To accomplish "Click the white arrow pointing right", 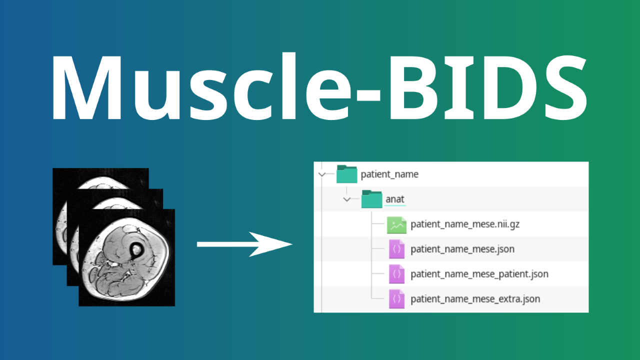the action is (x=244, y=244).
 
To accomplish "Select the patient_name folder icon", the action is (x=346, y=174).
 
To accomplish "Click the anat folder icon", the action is (x=371, y=199).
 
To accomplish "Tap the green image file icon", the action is (x=396, y=225).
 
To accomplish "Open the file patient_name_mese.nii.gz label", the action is (x=465, y=224).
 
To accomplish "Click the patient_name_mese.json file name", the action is (x=462, y=249).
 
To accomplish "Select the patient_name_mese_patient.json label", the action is (x=479, y=274).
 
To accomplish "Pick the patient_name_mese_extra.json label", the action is (x=475, y=299).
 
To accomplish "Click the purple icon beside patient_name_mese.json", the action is (x=396, y=249).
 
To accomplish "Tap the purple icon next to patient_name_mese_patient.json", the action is (x=396, y=274).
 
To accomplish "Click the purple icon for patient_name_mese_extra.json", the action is (x=396, y=299).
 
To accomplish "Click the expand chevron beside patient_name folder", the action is (x=322, y=174).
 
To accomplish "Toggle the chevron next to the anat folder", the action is (x=347, y=199).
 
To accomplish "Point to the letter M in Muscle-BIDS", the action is (x=87, y=87).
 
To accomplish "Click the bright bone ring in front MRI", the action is (x=136, y=250).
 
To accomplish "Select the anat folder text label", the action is (x=395, y=199).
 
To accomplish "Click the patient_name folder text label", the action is (x=389, y=174).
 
